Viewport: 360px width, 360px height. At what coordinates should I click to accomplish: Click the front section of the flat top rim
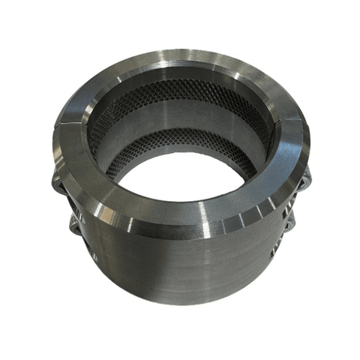(x=180, y=206)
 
